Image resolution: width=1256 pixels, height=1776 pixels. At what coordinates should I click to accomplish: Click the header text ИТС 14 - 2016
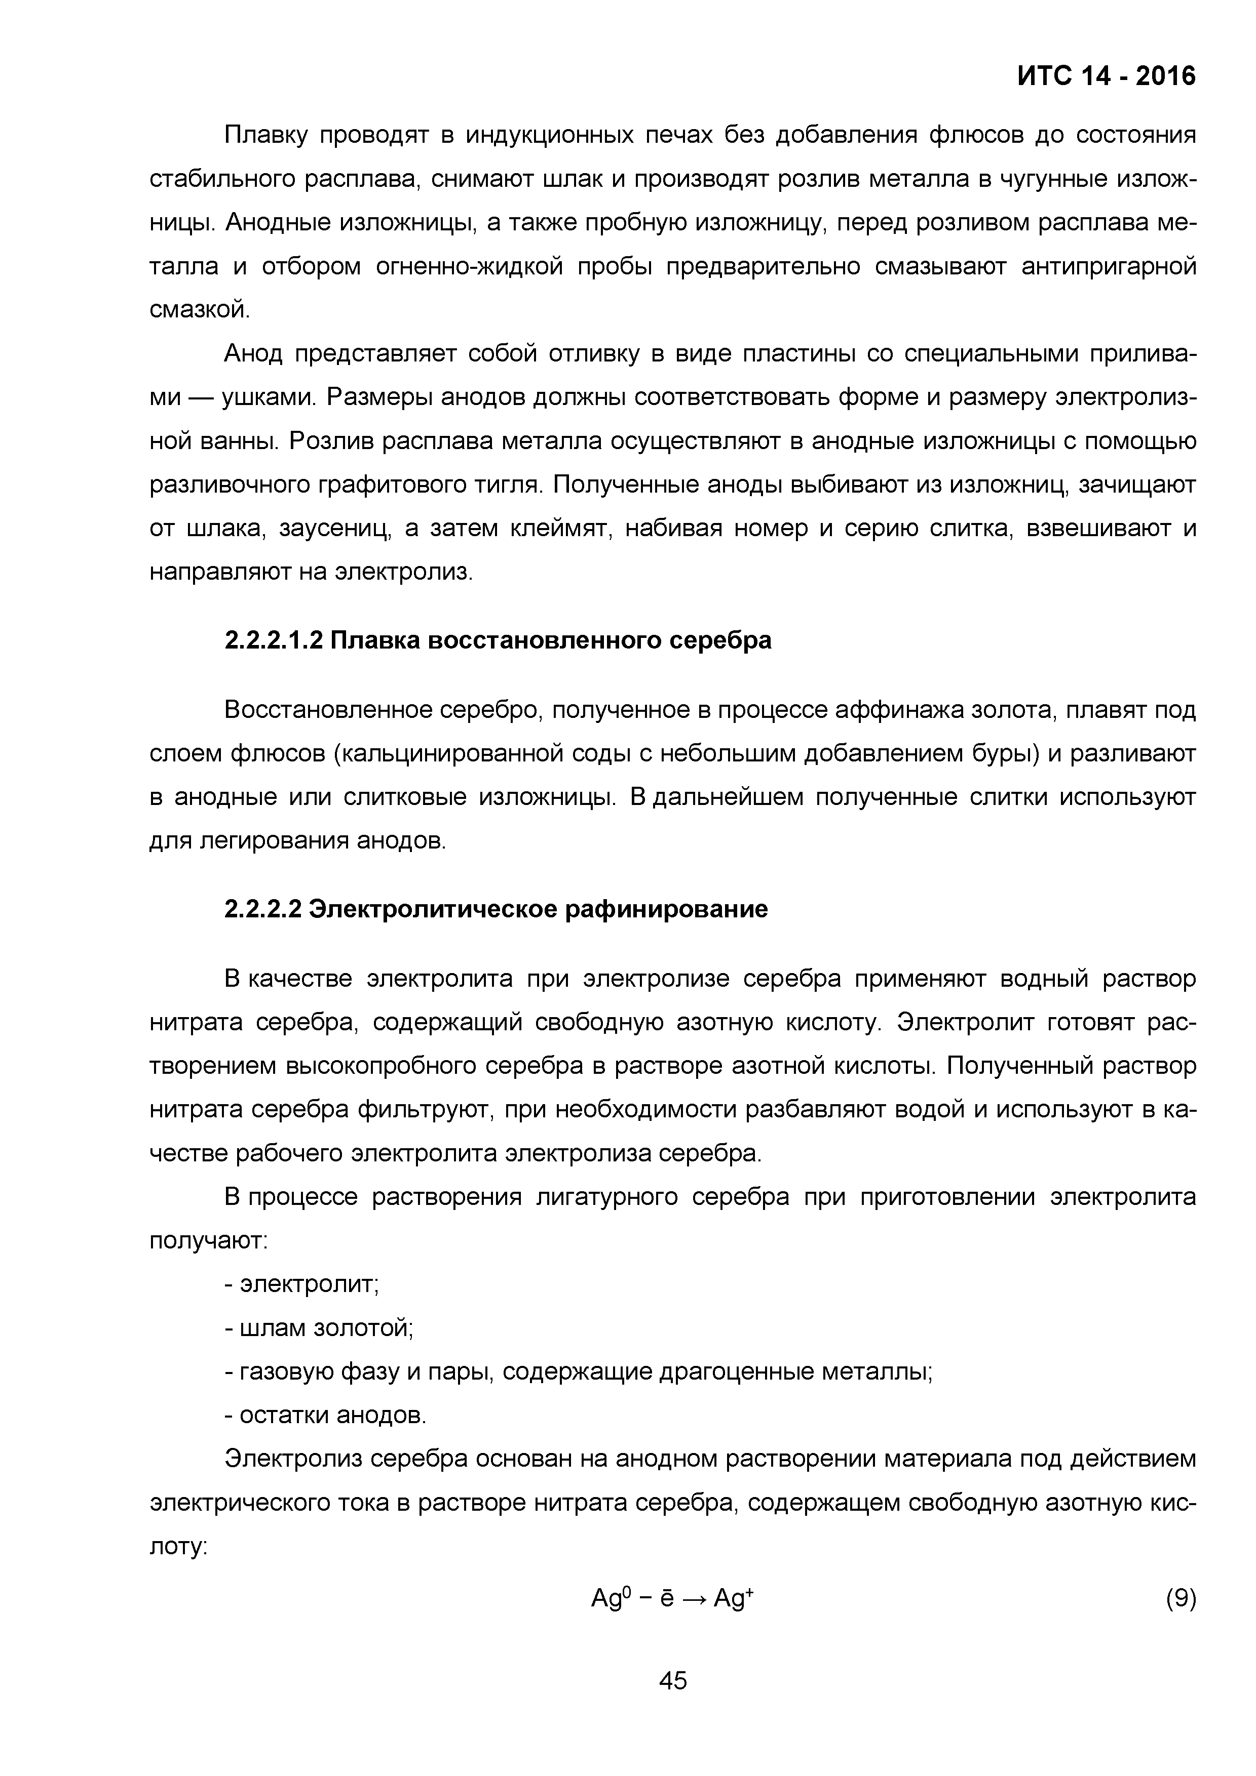click(1106, 76)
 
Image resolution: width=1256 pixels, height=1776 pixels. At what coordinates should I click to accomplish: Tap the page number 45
click(672, 1701)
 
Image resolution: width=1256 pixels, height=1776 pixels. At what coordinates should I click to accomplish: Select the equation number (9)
click(1180, 1597)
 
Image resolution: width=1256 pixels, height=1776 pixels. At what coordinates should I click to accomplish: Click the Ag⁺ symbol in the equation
click(733, 1597)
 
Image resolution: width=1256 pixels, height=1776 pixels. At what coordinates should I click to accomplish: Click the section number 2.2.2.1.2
click(273, 640)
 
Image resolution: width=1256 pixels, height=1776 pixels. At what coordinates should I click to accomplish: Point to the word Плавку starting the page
click(265, 135)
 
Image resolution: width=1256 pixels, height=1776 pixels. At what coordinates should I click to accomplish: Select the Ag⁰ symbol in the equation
click(612, 1597)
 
